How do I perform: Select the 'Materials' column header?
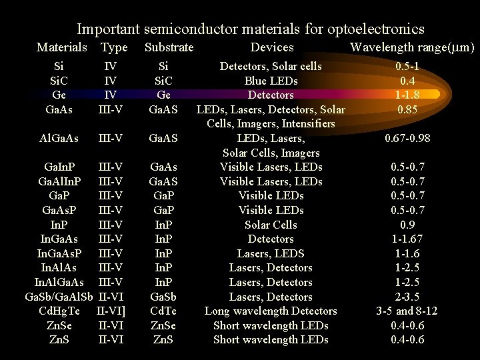click(x=61, y=47)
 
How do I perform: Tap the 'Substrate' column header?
click(x=169, y=47)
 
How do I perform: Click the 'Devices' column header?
click(x=271, y=47)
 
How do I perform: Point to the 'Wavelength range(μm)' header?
click(x=412, y=47)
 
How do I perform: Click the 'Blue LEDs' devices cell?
click(x=271, y=81)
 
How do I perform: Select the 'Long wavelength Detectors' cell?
click(x=271, y=311)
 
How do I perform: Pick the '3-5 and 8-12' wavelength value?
click(x=407, y=311)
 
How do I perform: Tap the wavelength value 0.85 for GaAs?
click(x=407, y=109)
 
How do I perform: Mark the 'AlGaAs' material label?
click(x=59, y=138)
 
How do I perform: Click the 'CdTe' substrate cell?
click(x=163, y=311)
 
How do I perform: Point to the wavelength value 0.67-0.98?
click(x=407, y=138)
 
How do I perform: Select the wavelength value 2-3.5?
click(x=407, y=297)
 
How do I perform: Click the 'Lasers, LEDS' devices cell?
click(x=271, y=253)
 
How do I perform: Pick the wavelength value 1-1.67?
click(x=407, y=239)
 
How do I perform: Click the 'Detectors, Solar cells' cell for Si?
click(x=271, y=66)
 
